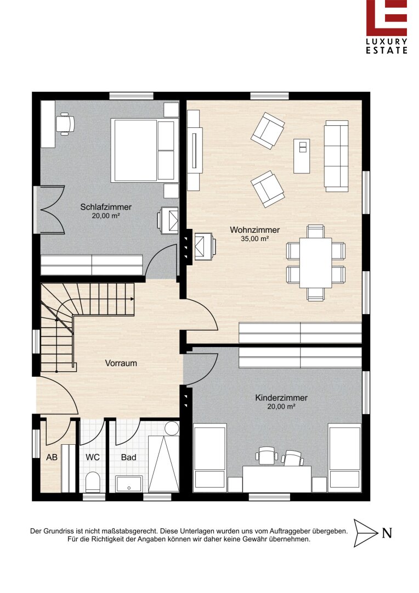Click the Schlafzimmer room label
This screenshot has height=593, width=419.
(106, 207)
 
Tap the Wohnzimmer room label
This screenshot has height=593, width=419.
(254, 230)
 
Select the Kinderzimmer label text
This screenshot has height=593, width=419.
(281, 398)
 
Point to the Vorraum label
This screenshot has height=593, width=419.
(121, 363)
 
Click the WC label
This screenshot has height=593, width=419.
(93, 457)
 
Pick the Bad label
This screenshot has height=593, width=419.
(128, 457)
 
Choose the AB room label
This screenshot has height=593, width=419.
(52, 457)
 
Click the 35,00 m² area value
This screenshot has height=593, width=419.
(254, 239)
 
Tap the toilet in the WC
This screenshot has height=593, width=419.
(93, 482)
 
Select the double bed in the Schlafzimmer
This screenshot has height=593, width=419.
(144, 150)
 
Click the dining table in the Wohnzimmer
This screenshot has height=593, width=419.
(316, 263)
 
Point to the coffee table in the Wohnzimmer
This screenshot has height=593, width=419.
(302, 156)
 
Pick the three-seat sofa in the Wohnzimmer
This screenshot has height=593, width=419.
(336, 156)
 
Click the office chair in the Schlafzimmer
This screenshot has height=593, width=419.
(65, 124)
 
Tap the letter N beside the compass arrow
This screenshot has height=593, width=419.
(387, 533)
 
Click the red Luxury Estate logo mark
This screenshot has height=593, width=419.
(387, 18)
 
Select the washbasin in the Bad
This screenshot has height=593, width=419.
(129, 484)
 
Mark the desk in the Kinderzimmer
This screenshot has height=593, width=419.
(277, 479)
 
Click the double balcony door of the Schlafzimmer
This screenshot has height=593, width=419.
(49, 210)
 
